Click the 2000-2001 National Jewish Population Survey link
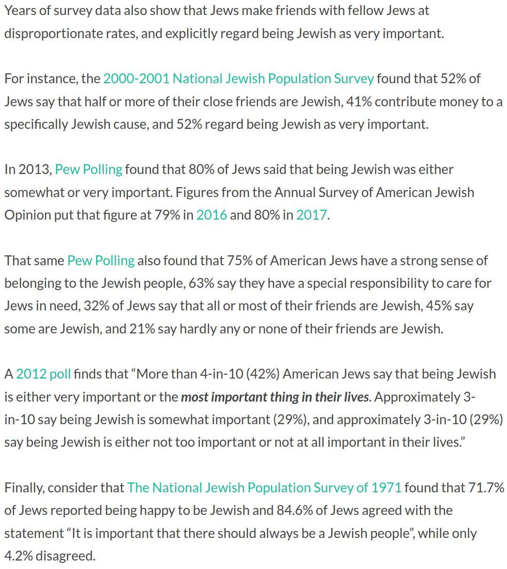pos(238,79)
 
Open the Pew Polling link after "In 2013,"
pos(88,169)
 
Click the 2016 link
pos(212,215)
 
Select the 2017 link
pos(311,215)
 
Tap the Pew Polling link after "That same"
pos(101,261)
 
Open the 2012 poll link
pos(43,374)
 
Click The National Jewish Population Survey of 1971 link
pos(264,488)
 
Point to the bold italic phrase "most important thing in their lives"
pos(275,397)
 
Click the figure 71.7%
pos(487,488)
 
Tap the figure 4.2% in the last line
pos(18,556)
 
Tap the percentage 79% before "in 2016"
pos(167,215)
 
